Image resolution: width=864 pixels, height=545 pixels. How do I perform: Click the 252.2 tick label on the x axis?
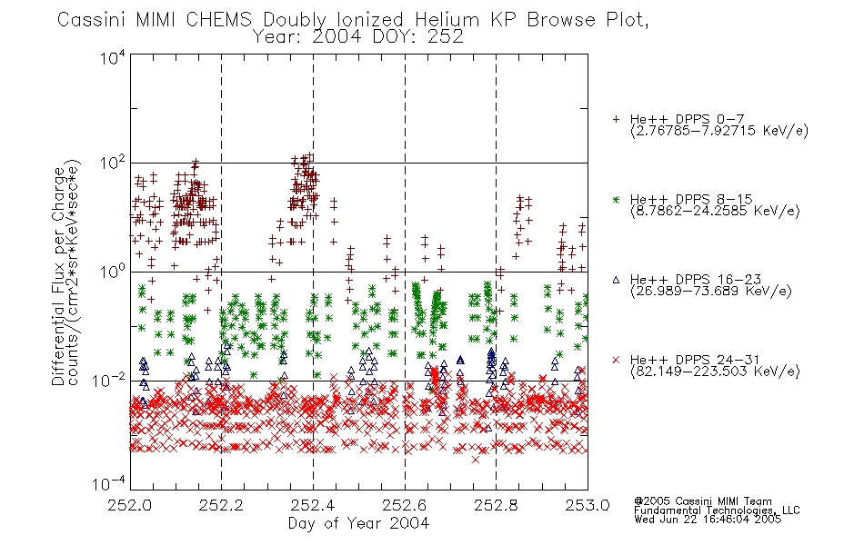point(221,505)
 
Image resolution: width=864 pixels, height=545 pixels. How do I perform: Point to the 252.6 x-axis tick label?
point(405,505)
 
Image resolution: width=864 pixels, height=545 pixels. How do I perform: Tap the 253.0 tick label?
point(588,505)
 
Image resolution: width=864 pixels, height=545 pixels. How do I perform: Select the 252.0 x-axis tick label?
point(129,505)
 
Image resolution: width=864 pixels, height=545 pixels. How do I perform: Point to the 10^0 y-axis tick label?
point(113,272)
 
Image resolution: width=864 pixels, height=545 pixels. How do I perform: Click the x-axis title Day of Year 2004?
point(358,523)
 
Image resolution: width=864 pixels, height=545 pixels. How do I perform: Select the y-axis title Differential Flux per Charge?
point(58,276)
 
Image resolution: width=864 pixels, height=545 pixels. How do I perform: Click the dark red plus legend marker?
point(616,119)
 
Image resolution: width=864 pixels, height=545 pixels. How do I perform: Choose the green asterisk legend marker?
point(616,199)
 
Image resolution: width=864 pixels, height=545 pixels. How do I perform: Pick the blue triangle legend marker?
point(616,280)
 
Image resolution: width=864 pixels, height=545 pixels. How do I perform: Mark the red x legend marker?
point(616,360)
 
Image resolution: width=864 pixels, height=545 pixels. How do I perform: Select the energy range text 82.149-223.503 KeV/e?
point(715,372)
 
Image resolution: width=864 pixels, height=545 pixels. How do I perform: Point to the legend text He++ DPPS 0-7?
point(687,119)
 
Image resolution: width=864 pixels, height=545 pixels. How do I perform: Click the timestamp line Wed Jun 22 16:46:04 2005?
point(708,519)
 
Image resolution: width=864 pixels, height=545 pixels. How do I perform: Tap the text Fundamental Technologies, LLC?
point(717,510)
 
